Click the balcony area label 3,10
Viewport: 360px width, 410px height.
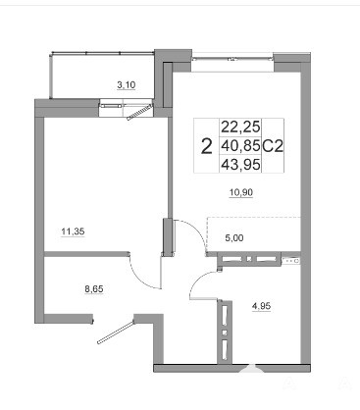click(x=127, y=85)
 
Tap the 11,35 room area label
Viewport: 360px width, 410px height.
click(x=73, y=231)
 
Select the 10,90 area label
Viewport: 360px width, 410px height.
click(x=241, y=192)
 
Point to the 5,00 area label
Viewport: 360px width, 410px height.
click(x=234, y=238)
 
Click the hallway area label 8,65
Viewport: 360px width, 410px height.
click(x=94, y=289)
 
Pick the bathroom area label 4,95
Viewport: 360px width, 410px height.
click(x=261, y=306)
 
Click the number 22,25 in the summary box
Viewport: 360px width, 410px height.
click(x=240, y=127)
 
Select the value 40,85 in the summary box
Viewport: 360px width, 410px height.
click(x=240, y=145)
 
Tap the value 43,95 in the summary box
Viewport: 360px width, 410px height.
click(x=240, y=165)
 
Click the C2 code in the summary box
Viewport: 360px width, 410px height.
click(x=273, y=145)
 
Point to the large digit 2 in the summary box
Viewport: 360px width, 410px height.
click(x=207, y=146)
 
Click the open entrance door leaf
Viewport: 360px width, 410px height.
click(x=116, y=332)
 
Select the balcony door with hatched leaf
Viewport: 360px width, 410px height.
click(x=140, y=112)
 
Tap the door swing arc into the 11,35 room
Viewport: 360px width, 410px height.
click(x=143, y=274)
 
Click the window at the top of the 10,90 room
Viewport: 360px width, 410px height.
click(x=232, y=59)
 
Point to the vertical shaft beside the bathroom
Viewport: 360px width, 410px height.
click(x=225, y=332)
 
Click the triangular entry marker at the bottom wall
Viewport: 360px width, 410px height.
click(x=251, y=368)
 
